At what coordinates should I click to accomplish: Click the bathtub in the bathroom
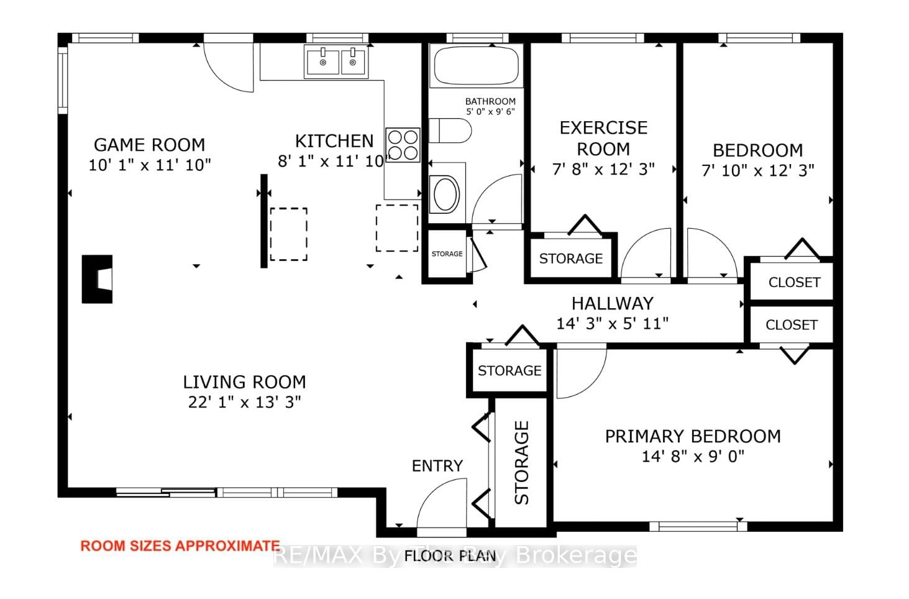pos(476,66)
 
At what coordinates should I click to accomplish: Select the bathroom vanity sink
pos(445,194)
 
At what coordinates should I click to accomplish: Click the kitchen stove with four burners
pos(403,145)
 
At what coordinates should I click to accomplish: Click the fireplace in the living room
pos(98,279)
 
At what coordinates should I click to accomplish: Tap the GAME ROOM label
pos(149,145)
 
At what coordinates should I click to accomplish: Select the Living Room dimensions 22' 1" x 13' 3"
pos(244,402)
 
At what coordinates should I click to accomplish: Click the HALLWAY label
pos(612,303)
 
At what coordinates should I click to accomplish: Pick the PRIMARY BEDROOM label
pos(693,436)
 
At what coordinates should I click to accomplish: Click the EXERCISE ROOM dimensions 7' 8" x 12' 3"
pos(603,169)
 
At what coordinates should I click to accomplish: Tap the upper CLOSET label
pos(794,282)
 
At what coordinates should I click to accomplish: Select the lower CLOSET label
pos(791,325)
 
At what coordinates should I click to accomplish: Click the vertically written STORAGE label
pos(521,462)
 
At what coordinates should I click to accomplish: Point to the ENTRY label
pos(437,466)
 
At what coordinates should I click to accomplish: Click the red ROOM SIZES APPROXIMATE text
pos(180,546)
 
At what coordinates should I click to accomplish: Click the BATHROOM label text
pos(490,101)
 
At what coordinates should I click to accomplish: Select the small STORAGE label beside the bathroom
pos(447,254)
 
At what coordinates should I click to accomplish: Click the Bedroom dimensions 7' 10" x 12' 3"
pos(757,170)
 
